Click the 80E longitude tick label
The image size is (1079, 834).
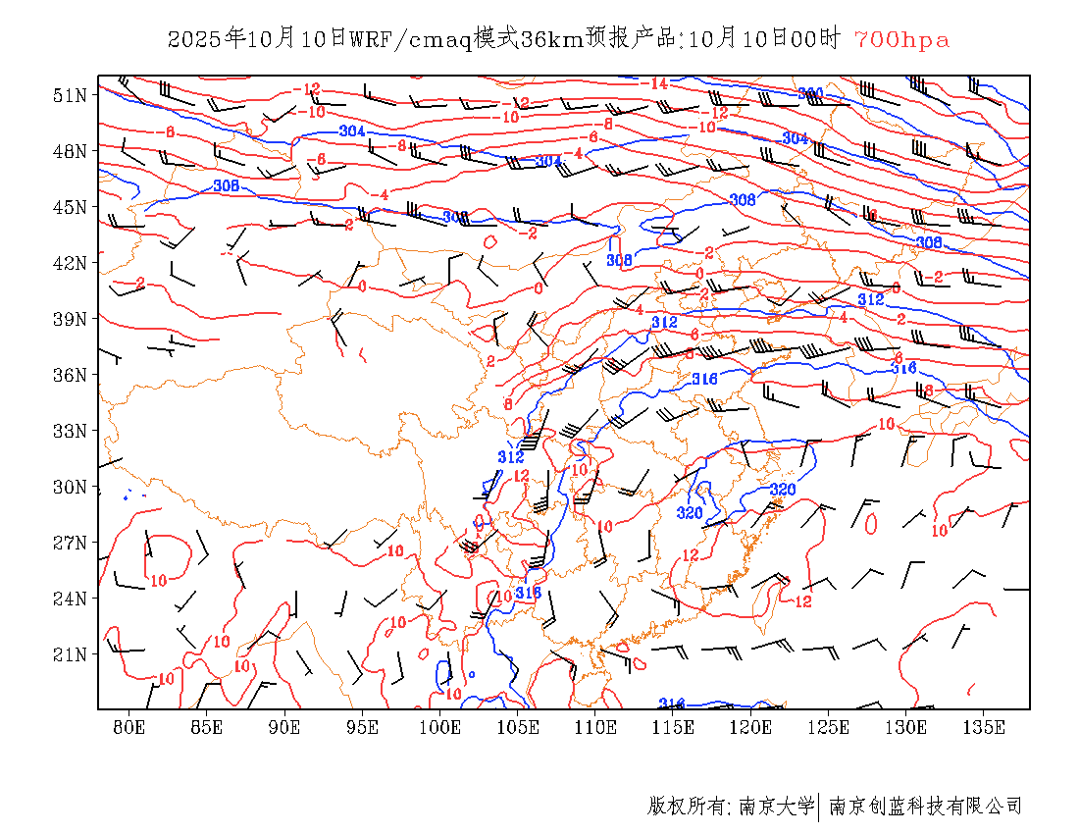pos(129,727)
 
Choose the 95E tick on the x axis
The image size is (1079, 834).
pos(363,727)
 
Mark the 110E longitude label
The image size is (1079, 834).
pos(595,727)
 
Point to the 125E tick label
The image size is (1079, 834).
pos(829,727)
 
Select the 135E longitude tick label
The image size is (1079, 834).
pos(984,727)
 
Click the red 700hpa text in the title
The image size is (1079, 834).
pos(901,40)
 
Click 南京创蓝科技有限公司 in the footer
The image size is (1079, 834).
pos(926,807)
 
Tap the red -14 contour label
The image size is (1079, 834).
pos(658,84)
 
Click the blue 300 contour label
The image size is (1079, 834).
pos(810,94)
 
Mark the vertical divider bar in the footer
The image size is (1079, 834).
pos(819,807)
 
